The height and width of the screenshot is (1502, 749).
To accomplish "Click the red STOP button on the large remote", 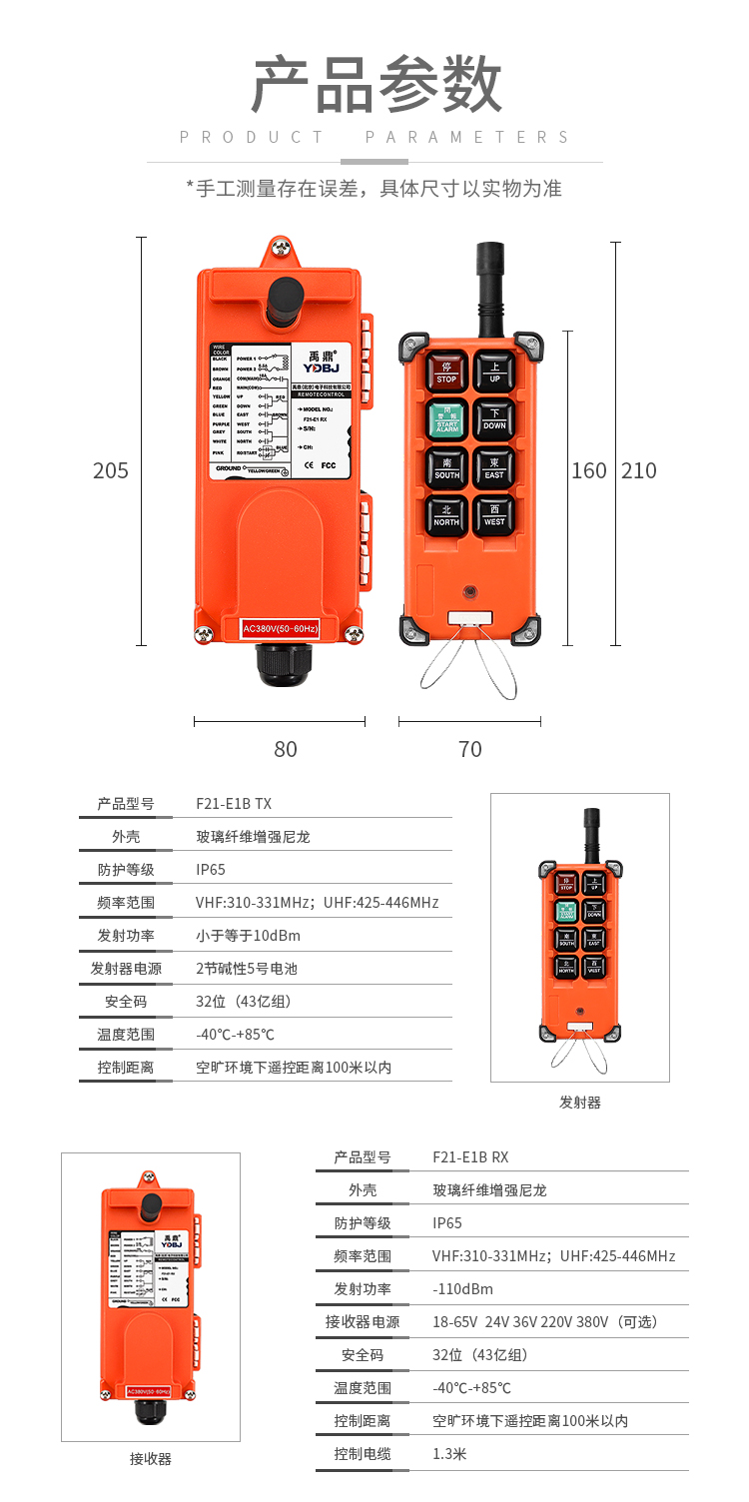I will coord(446,372).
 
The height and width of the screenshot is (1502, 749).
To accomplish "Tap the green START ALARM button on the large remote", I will coord(446,419).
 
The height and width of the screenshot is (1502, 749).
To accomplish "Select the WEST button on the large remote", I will coord(494,514).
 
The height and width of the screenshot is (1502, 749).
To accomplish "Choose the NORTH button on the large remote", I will coord(446,514).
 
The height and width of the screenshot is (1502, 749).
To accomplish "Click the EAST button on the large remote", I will coord(494,467).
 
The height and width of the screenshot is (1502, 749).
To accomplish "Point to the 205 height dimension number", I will coord(111,470).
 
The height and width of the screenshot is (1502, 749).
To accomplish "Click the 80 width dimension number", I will coord(286,749).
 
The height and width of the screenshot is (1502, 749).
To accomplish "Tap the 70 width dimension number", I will coord(469,749).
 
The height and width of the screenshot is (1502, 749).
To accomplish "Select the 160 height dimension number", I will coord(588,470).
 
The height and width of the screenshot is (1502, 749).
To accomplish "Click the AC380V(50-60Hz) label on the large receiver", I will coord(281,628).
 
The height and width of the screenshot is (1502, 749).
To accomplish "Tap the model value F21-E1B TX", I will coord(234,803).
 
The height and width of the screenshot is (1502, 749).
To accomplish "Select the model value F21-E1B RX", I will coord(470,1156).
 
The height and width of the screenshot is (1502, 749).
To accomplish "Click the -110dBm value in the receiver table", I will coord(462,1288).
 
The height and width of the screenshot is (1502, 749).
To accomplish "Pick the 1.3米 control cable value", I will coord(449,1453).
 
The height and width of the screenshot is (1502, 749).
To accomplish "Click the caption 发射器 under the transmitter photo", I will coord(580,1103).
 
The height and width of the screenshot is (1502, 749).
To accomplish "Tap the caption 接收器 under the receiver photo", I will coord(151,1459).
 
